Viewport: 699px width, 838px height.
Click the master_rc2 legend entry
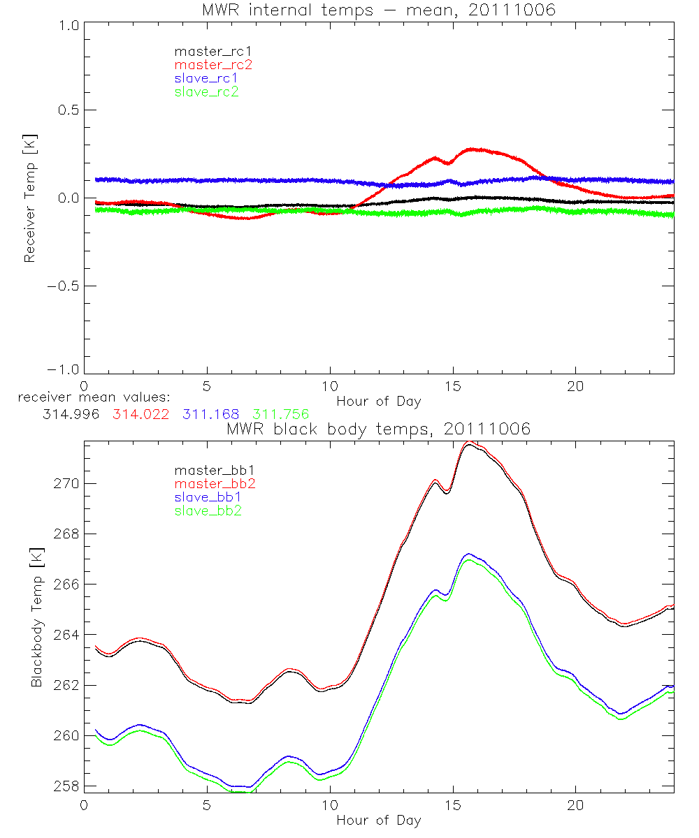click(x=213, y=65)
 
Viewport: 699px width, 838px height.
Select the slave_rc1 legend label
click(x=207, y=78)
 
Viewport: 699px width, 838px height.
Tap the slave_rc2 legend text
click(x=207, y=91)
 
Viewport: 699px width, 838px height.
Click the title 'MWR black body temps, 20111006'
click(x=378, y=429)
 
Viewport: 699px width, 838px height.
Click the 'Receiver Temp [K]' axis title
click(x=29, y=198)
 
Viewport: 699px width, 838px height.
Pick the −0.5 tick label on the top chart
click(x=62, y=286)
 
